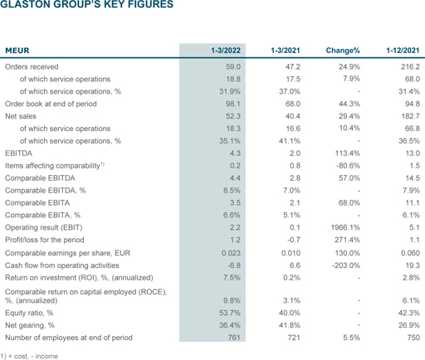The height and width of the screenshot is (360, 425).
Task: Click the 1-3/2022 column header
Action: point(226,51)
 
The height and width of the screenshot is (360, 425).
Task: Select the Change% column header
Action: point(343,51)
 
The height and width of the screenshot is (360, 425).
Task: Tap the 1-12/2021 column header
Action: point(403,51)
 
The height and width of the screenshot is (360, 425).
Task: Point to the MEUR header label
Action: point(17,51)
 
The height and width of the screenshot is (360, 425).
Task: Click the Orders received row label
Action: point(32,66)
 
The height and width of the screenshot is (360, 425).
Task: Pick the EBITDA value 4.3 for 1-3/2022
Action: point(235,153)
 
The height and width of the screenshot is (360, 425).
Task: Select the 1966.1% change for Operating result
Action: point(345,227)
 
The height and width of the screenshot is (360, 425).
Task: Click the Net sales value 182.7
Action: point(410,116)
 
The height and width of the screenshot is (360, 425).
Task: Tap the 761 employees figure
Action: point(234,338)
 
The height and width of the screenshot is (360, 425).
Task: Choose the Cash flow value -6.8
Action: point(234,265)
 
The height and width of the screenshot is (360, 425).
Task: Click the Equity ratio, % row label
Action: point(29,313)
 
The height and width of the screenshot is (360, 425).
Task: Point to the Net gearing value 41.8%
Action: point(289,325)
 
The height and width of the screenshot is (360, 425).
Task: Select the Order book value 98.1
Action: point(233,104)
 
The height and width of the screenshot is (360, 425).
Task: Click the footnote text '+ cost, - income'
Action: point(33,356)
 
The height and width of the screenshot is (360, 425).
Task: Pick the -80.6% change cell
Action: point(348,166)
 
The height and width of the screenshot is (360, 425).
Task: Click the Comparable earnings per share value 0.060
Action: point(410,253)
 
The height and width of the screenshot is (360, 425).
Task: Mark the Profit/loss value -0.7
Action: point(294,240)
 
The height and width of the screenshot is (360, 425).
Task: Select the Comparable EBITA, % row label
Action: point(42,215)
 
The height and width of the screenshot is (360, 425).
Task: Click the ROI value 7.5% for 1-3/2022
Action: point(232,277)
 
